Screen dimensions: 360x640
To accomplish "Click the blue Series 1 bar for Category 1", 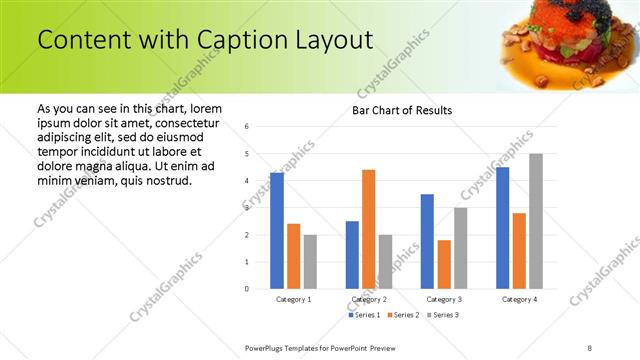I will tap(277, 231).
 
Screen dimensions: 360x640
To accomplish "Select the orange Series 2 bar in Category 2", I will tap(368, 229).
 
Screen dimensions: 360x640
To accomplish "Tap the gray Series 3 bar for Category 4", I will tap(536, 221).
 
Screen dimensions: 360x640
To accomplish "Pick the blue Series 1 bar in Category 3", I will tap(427, 241).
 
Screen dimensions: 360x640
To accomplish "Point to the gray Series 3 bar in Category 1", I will tap(310, 262).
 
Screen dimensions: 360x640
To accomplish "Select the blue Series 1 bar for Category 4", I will tap(502, 228).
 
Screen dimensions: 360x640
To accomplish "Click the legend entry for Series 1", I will tap(361, 315).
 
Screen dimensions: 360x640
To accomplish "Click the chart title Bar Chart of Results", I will tap(402, 110).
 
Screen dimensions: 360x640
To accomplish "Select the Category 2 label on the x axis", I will tap(369, 299).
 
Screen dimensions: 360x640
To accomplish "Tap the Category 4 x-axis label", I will tap(519, 299).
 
